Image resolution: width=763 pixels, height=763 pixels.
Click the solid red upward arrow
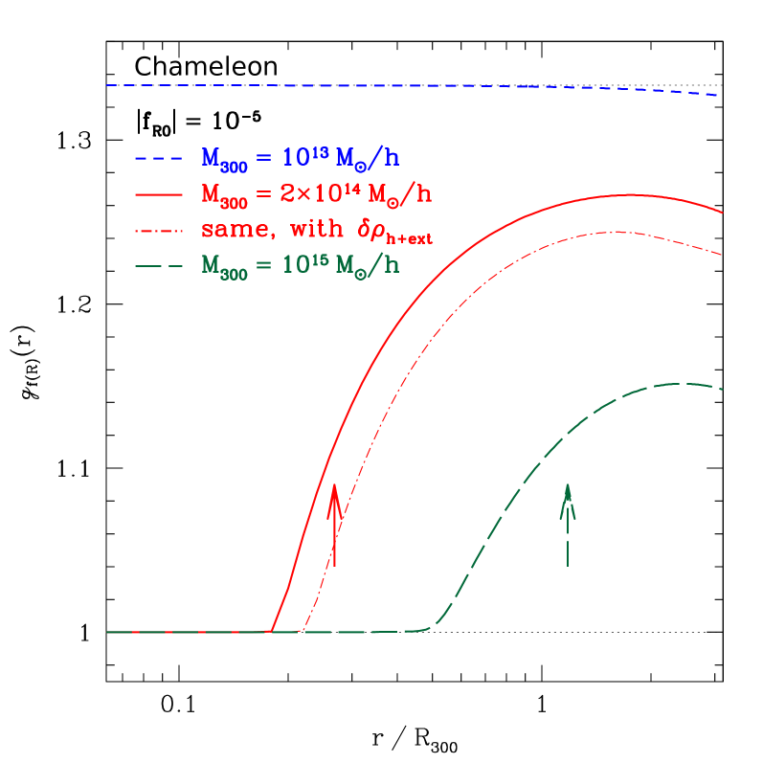[x=334, y=527]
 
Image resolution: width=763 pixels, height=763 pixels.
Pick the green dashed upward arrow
[x=568, y=531]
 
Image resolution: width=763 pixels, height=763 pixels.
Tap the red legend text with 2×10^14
[x=316, y=194]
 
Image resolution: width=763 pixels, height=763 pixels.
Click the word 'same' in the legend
[x=230, y=231]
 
